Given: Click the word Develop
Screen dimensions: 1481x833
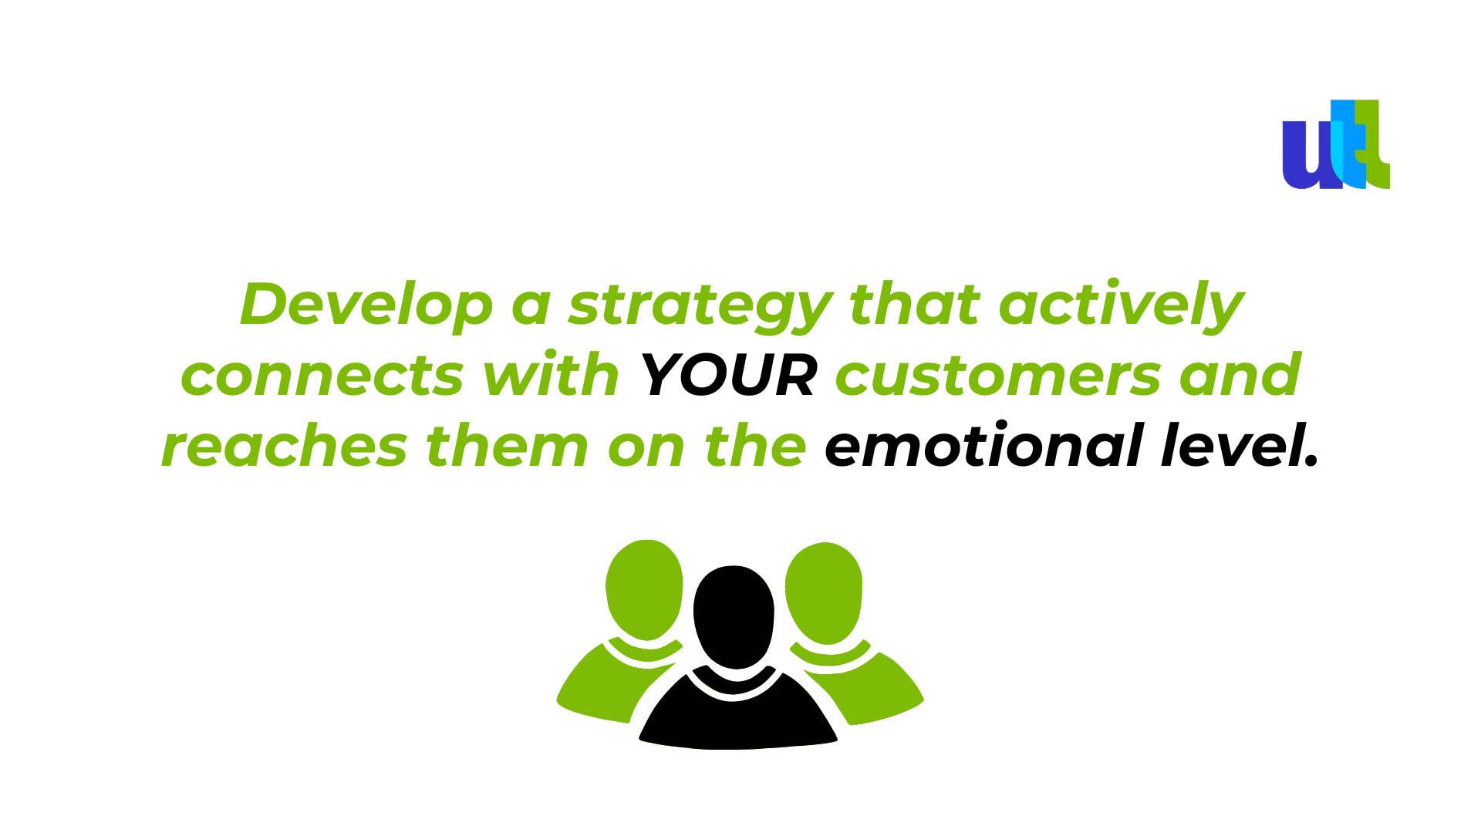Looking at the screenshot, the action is click(366, 305).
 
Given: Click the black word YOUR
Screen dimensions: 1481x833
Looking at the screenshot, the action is click(728, 376).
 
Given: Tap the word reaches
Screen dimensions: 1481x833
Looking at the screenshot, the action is click(284, 447).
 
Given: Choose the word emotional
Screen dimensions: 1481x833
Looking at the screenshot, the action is click(983, 445).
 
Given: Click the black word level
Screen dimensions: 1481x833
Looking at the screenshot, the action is click(1240, 445).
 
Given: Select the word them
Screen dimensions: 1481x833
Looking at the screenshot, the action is click(507, 445).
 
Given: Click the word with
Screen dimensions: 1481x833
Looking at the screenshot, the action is click(551, 374).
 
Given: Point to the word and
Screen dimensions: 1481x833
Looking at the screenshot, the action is click(1240, 374).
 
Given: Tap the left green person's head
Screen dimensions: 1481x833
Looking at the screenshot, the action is click(645, 589).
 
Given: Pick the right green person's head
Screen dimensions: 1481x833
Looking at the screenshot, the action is click(824, 592).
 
